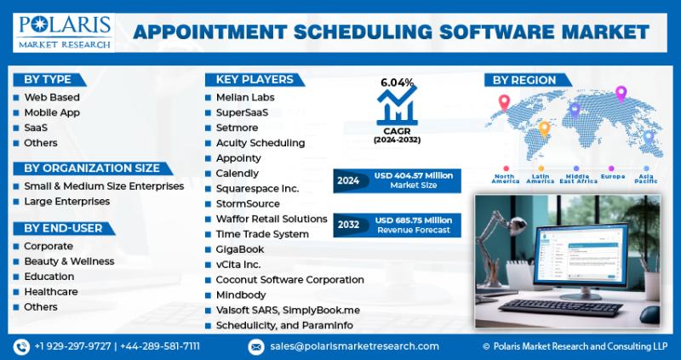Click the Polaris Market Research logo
(x=65, y=32)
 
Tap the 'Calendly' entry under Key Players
(x=237, y=174)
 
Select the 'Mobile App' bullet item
(x=52, y=112)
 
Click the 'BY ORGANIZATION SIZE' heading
(x=92, y=168)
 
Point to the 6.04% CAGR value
(x=397, y=82)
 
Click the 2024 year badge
(x=348, y=180)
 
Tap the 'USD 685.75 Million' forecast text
(x=414, y=220)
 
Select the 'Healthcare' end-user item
(x=51, y=292)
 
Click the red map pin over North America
(x=504, y=102)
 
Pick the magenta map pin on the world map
(x=621, y=94)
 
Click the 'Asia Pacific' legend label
(x=646, y=179)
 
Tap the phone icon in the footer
(x=22, y=346)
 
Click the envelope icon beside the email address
(x=256, y=346)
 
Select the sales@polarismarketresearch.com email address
(x=354, y=346)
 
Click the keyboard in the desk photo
(x=560, y=307)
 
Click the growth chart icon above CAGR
(x=397, y=106)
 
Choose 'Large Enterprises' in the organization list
(x=67, y=202)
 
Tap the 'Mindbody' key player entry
(x=241, y=294)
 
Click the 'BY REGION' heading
(x=524, y=80)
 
